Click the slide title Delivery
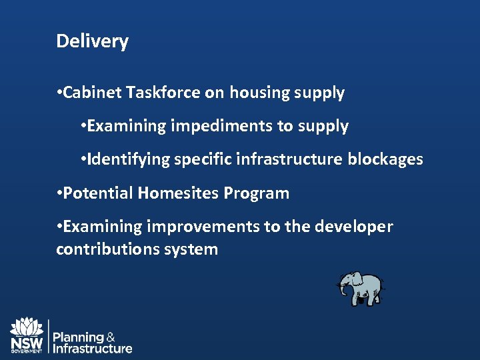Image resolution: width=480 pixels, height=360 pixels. pyautogui.click(x=92, y=41)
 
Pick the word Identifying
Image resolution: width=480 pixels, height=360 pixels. pyautogui.click(x=129, y=159)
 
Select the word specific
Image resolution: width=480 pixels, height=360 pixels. pyautogui.click(x=203, y=159)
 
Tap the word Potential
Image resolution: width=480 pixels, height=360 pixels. pyautogui.click(x=99, y=193)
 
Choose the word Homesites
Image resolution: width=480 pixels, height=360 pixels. pyautogui.click(x=179, y=193)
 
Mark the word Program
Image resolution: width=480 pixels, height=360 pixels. pyautogui.click(x=257, y=193)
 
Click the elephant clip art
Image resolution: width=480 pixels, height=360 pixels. pyautogui.click(x=361, y=289)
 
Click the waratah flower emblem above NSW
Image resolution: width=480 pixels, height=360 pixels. pyautogui.click(x=26, y=327)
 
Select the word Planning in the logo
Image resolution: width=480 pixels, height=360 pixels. pyautogui.click(x=78, y=337)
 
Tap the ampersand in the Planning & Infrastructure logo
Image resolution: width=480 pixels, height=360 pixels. pyautogui.click(x=111, y=337)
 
